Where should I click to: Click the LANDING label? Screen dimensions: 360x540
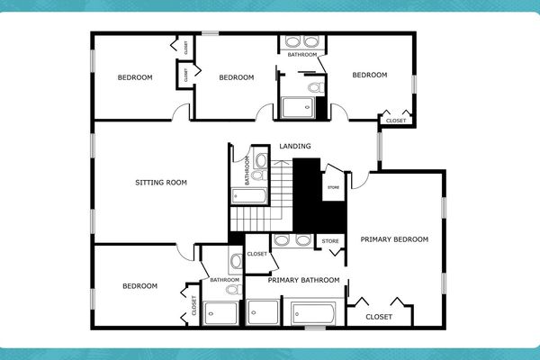click(295, 146)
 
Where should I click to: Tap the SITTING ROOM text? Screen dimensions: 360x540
click(161, 182)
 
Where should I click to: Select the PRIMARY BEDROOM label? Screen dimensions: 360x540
click(394, 239)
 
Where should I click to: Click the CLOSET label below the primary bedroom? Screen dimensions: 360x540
click(379, 317)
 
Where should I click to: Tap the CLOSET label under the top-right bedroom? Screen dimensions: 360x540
click(395, 121)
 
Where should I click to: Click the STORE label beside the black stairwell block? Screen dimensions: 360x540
click(333, 187)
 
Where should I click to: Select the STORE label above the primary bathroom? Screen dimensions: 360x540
click(329, 241)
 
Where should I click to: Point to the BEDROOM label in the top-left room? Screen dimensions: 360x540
click(135, 77)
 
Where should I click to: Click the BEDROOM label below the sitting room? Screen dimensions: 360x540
click(139, 286)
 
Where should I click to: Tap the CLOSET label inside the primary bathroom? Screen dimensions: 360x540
click(256, 255)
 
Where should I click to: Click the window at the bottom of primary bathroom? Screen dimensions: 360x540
click(315, 328)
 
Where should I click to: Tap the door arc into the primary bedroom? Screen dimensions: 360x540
click(358, 180)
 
